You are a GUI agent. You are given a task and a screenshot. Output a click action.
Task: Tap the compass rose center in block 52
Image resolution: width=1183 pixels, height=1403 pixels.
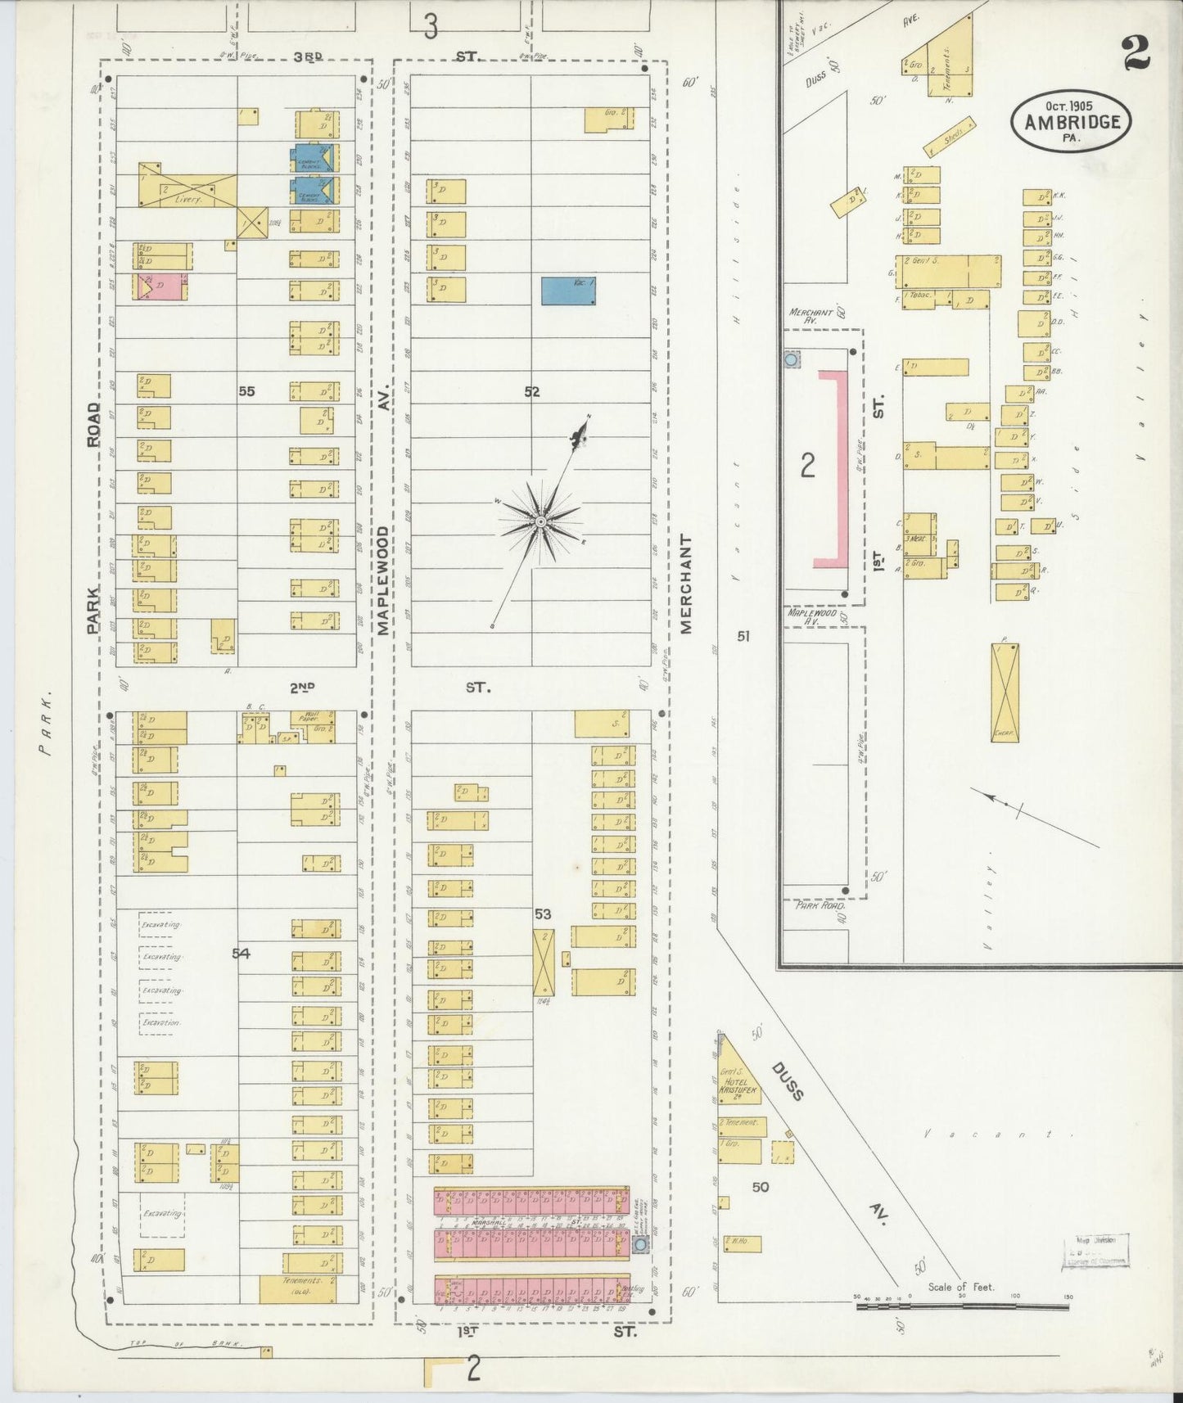pyautogui.click(x=541, y=521)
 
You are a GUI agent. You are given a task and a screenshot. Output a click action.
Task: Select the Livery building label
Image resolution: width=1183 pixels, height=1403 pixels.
pyautogui.click(x=187, y=196)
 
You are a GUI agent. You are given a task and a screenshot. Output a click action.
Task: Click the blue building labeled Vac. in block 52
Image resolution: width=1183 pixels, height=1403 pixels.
pyautogui.click(x=568, y=291)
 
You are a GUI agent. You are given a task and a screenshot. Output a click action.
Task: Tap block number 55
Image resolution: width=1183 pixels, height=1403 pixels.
pyautogui.click(x=246, y=391)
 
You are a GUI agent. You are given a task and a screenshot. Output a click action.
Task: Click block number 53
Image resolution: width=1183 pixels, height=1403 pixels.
pyautogui.click(x=542, y=914)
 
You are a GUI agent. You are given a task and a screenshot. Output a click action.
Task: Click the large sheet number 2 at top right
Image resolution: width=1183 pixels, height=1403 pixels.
pyautogui.click(x=1136, y=53)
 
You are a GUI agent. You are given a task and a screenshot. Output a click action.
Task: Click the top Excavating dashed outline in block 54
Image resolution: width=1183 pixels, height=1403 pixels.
pyautogui.click(x=160, y=924)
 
